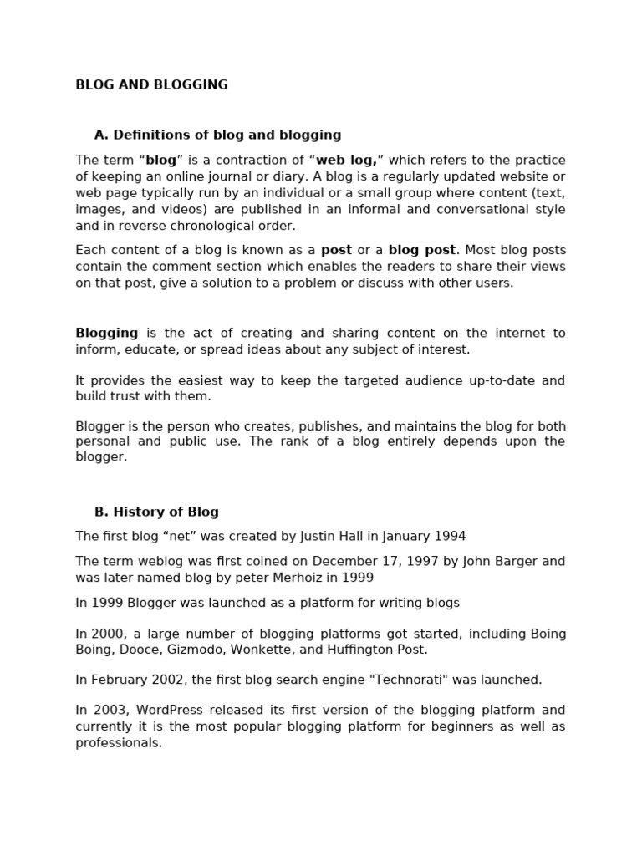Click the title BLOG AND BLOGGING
tap(151, 84)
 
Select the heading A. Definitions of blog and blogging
tap(217, 135)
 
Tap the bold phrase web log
tap(346, 160)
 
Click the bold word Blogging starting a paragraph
tap(106, 333)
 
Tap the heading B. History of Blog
tap(156, 512)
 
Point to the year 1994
tap(450, 536)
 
